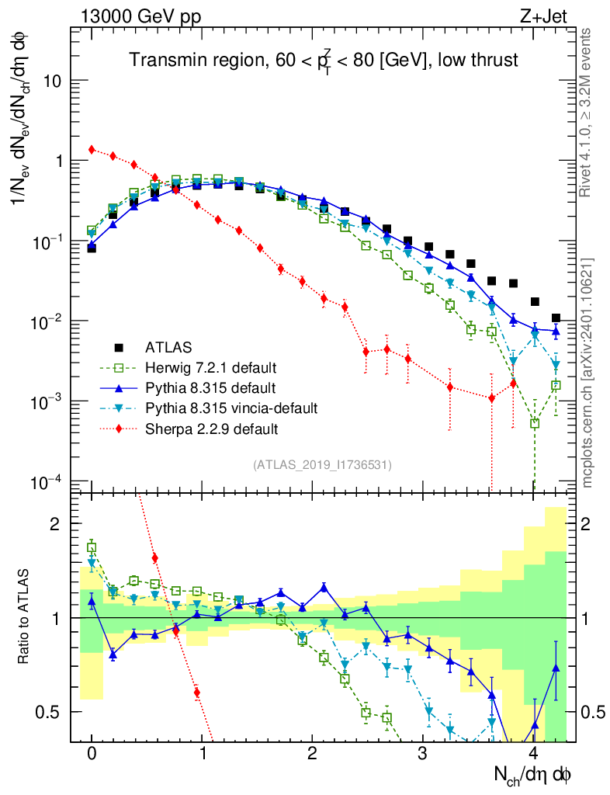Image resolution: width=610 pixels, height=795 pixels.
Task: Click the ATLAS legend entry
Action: pyautogui.click(x=166, y=346)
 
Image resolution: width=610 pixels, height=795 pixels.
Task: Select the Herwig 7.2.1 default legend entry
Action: pyautogui.click(x=200, y=366)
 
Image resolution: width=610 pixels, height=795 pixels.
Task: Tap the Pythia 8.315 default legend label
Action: pyautogui.click(x=200, y=387)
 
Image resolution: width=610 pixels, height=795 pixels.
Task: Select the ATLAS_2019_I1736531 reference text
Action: pyautogui.click(x=322, y=465)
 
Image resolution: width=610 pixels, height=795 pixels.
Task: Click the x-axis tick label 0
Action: pyautogui.click(x=92, y=754)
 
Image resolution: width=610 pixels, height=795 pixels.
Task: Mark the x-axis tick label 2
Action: pyautogui.click(x=313, y=754)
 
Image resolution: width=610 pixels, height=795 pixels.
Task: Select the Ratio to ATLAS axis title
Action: pyautogui.click(x=25, y=617)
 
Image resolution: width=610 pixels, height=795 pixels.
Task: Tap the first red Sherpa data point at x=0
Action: pyautogui.click(x=92, y=149)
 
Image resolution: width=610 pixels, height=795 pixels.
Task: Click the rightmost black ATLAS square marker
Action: pyautogui.click(x=556, y=318)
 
